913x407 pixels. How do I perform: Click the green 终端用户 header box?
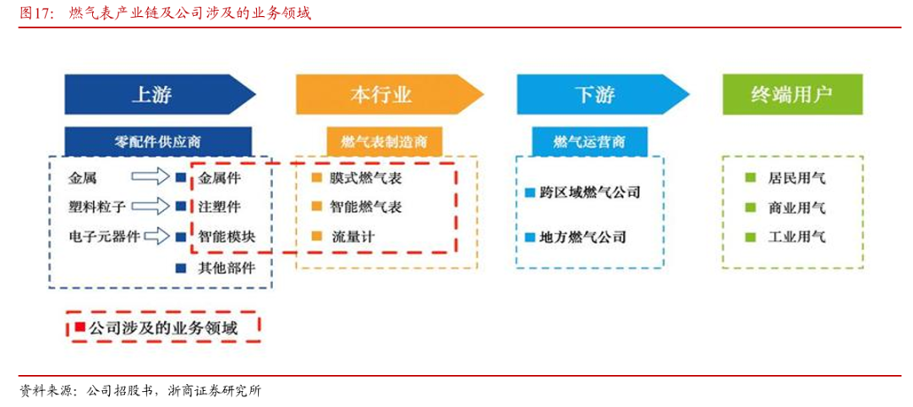coord(792,95)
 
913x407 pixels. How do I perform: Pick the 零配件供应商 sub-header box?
coord(158,140)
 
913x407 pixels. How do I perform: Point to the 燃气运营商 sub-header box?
coord(588,140)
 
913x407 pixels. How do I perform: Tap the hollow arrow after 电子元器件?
coord(157,236)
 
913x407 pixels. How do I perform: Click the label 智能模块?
coord(227,236)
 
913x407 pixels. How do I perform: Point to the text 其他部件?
coord(227,268)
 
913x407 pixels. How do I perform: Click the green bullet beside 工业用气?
coord(749,237)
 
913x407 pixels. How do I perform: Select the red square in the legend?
coord(80,327)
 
